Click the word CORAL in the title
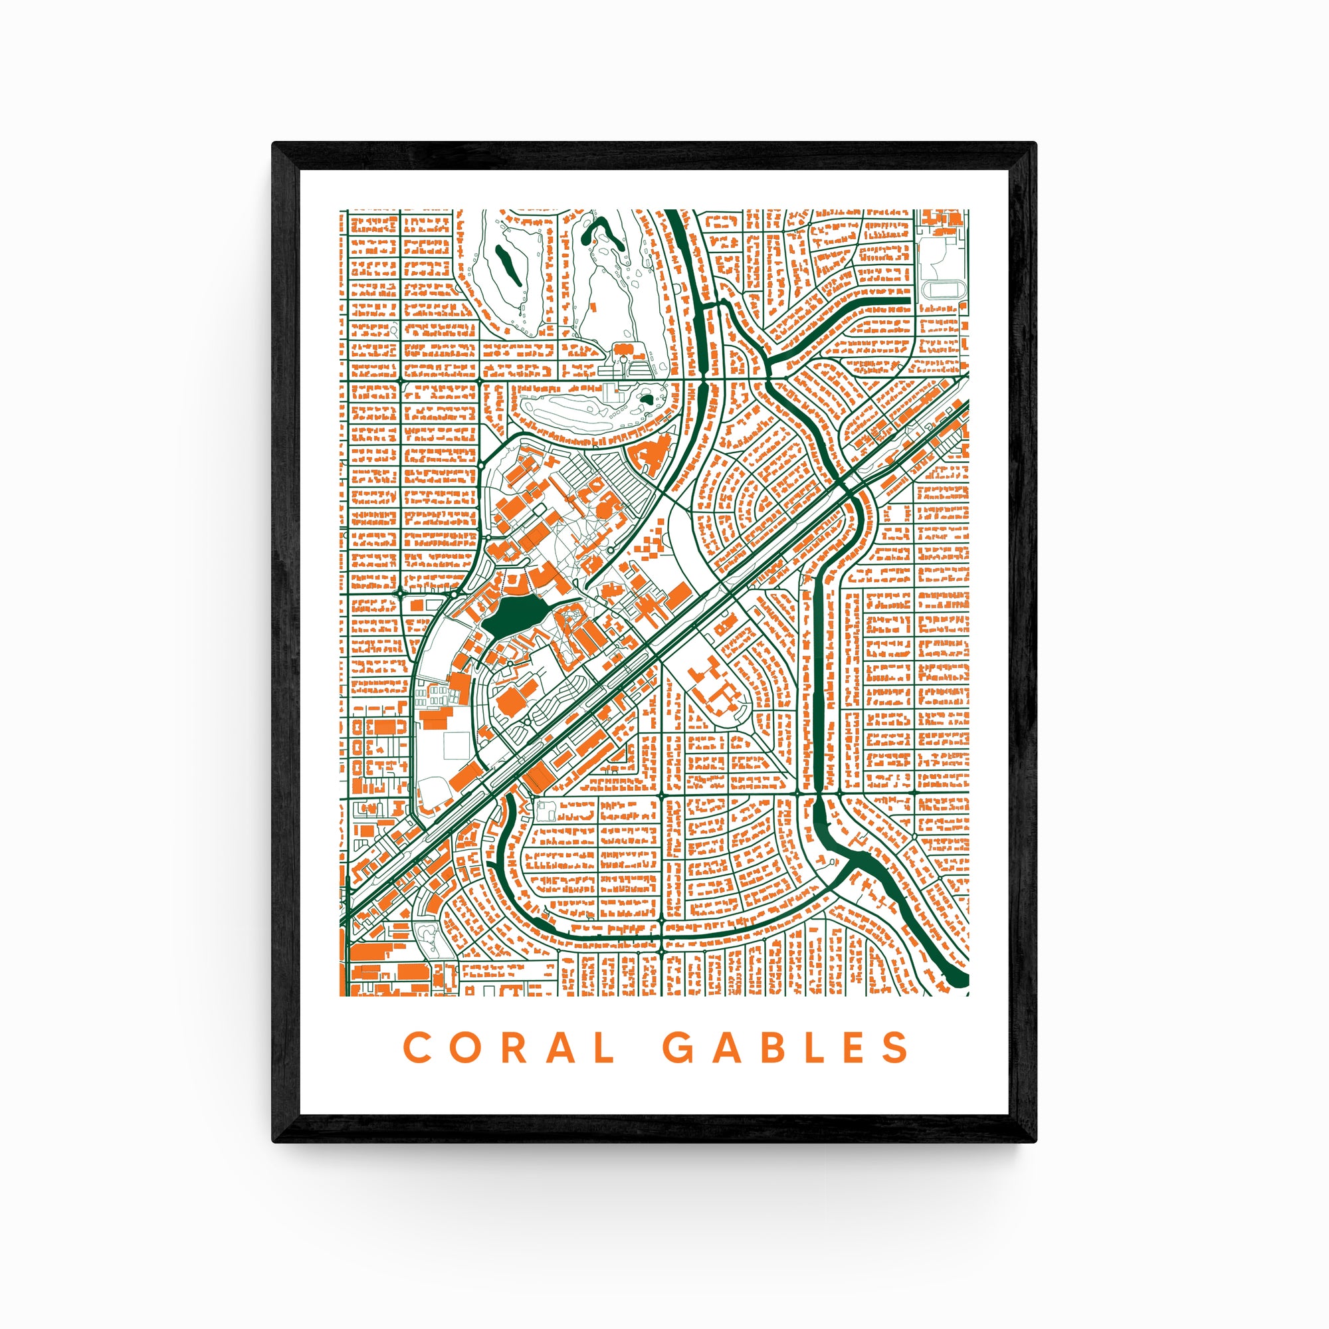coord(509,1047)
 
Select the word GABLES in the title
coord(785,1047)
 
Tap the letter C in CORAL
coord(417,1047)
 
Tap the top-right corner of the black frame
coord(1035,144)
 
